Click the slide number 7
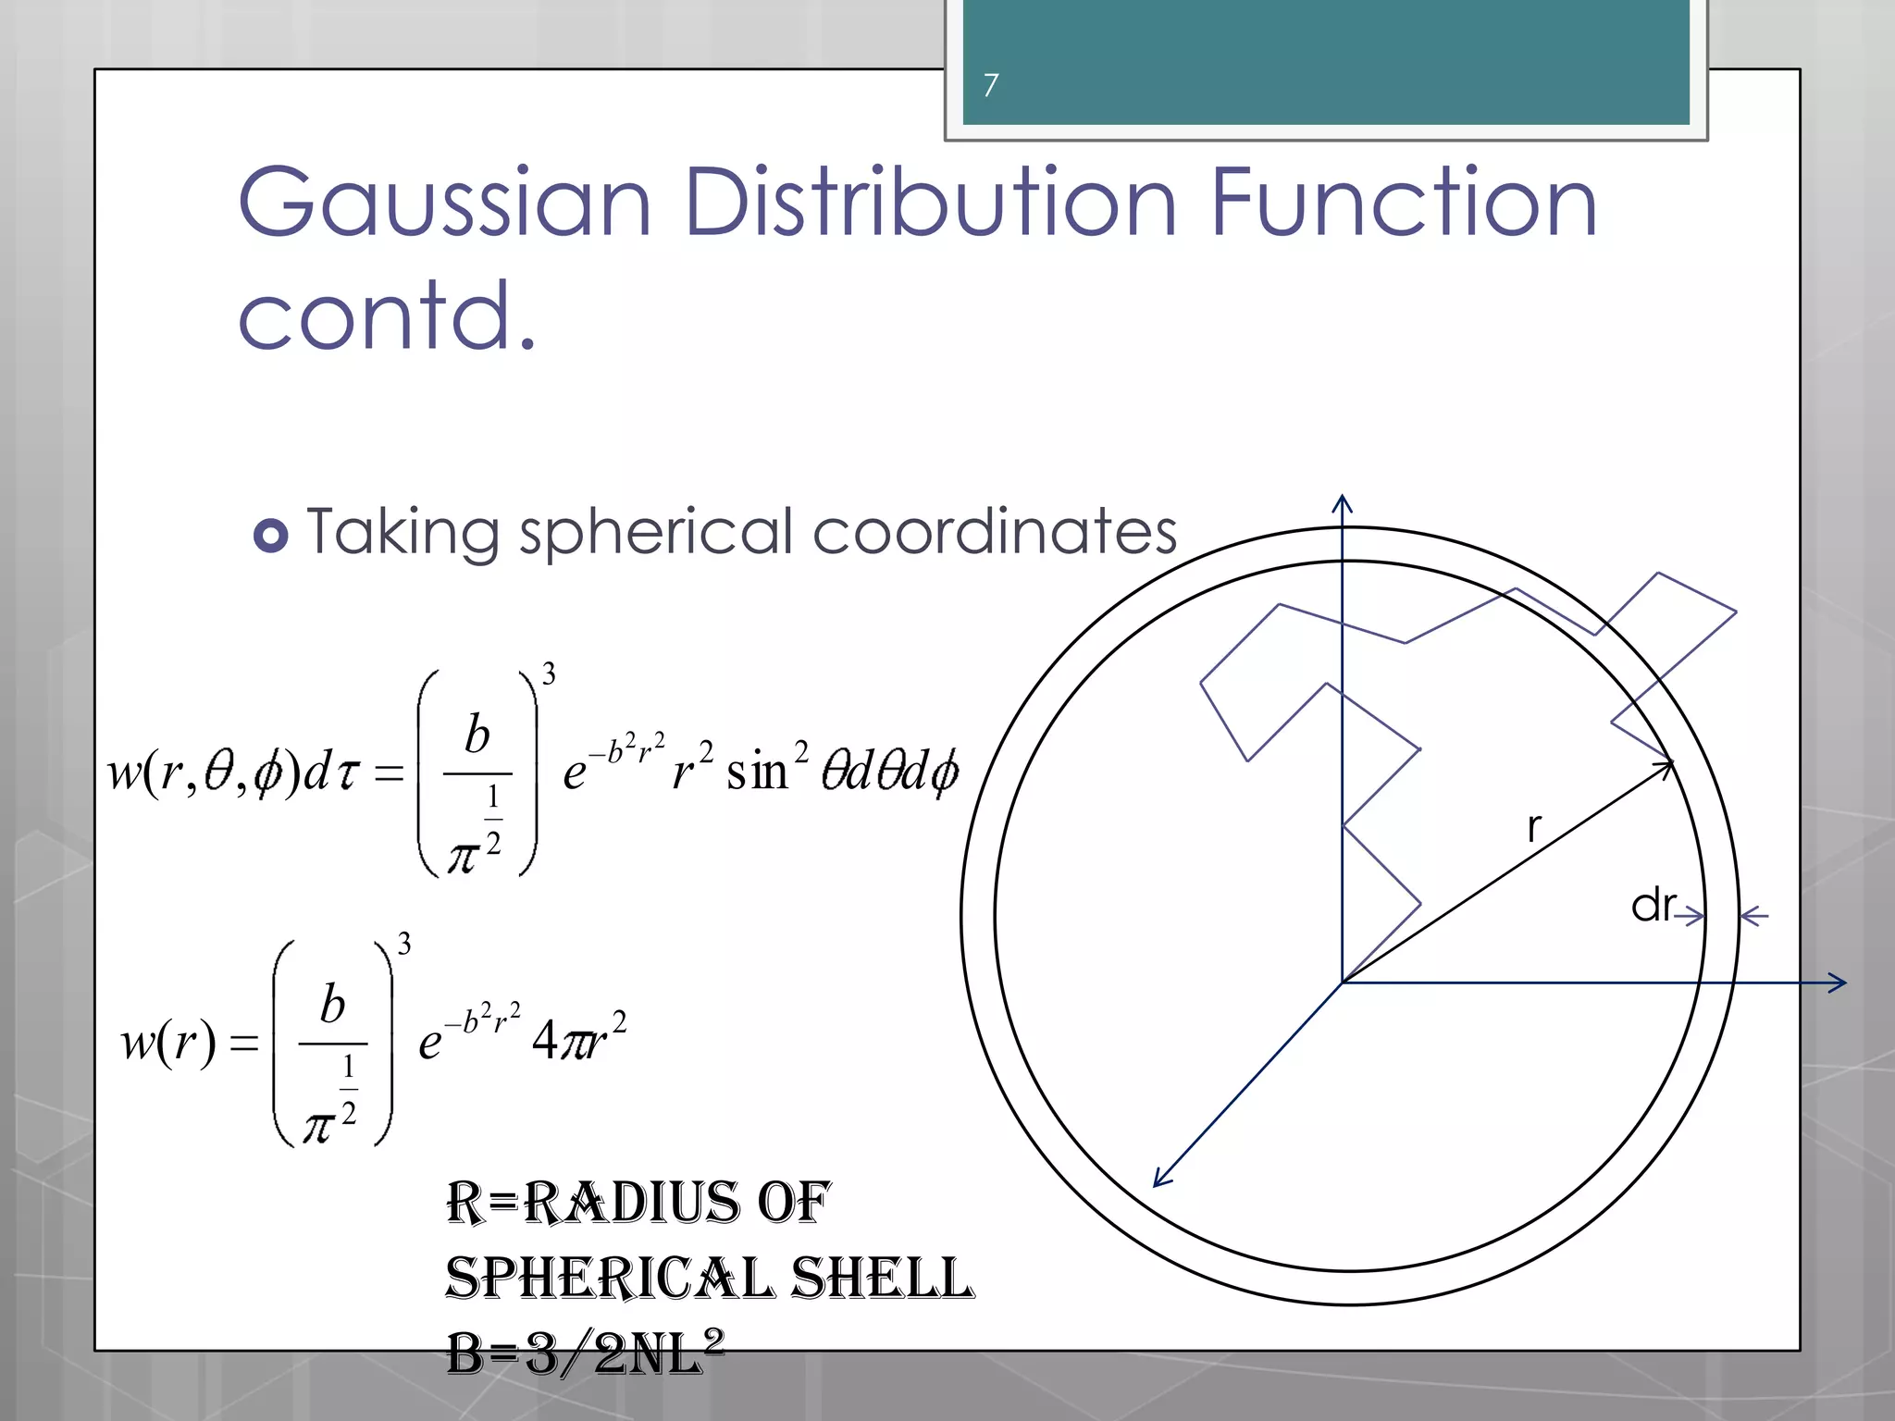pyautogui.click(x=991, y=85)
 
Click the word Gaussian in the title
pyautogui.click(x=445, y=202)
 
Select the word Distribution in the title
pyautogui.click(x=931, y=202)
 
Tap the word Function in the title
pyautogui.click(x=1403, y=202)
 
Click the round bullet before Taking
pyautogui.click(x=270, y=535)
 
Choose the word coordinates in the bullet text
pyautogui.click(x=995, y=532)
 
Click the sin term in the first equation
pyautogui.click(x=756, y=771)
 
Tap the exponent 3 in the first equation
pyautogui.click(x=549, y=674)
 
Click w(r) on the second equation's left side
pyautogui.click(x=168, y=1042)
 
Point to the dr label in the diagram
pyautogui.click(x=1653, y=905)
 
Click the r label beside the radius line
pyautogui.click(x=1534, y=827)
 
